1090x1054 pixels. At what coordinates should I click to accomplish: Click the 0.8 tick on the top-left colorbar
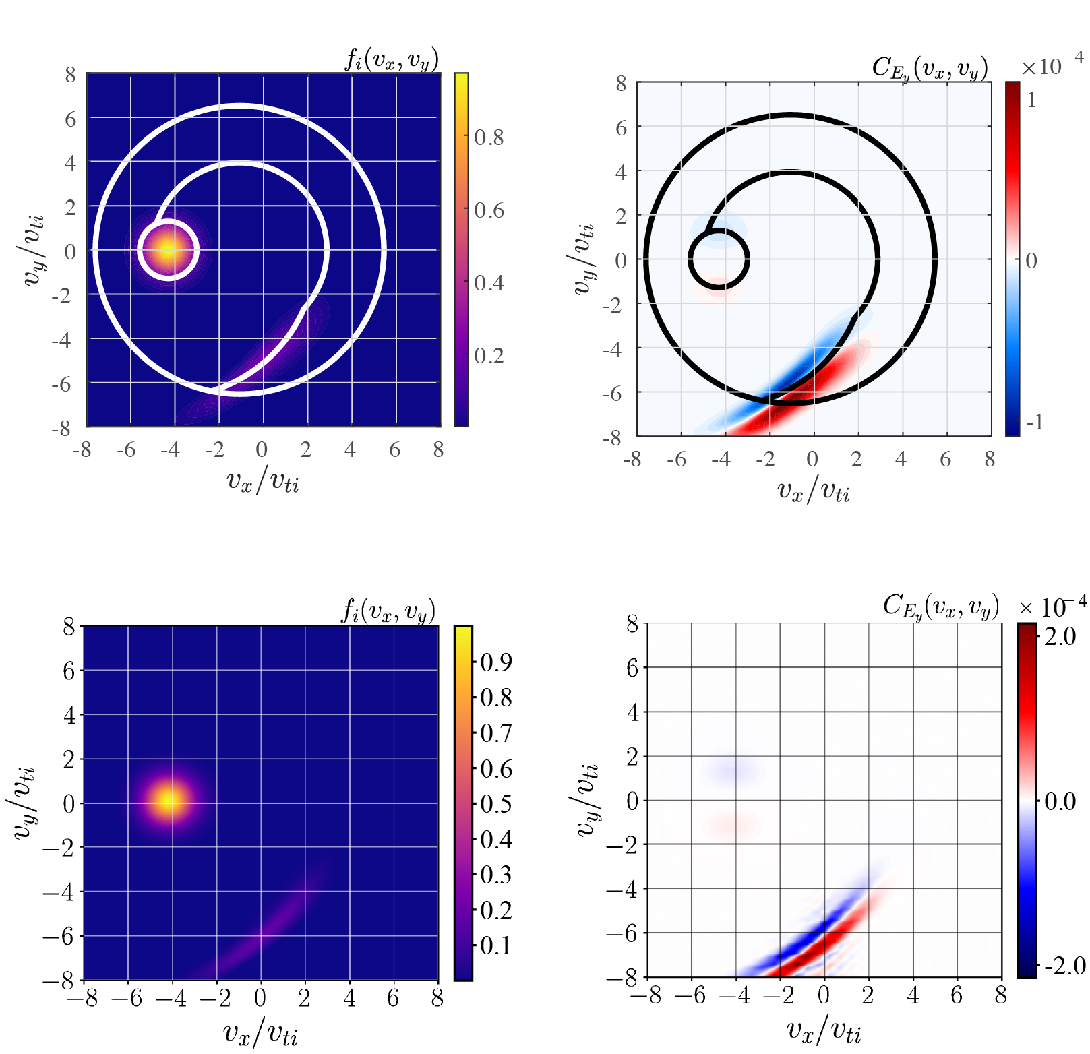pyautogui.click(x=489, y=137)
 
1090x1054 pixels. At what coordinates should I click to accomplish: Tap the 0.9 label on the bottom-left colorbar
pyautogui.click(x=496, y=662)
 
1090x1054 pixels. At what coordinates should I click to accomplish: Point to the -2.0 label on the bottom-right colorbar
pyautogui.click(x=1064, y=966)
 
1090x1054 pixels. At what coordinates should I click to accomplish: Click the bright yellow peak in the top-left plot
pyautogui.click(x=168, y=250)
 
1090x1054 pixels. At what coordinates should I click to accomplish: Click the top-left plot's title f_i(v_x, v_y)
pyautogui.click(x=392, y=59)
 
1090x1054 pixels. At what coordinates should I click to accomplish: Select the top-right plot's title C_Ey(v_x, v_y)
pyautogui.click(x=930, y=68)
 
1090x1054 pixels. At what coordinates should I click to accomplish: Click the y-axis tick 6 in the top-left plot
pyautogui.click(x=70, y=119)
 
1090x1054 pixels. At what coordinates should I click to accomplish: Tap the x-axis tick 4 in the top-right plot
pyautogui.click(x=901, y=460)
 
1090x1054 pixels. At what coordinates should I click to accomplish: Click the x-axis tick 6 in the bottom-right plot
pyautogui.click(x=956, y=996)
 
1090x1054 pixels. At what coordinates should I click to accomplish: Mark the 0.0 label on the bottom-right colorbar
pyautogui.click(x=1060, y=801)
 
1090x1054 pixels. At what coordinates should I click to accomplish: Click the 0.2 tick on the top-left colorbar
pyautogui.click(x=489, y=356)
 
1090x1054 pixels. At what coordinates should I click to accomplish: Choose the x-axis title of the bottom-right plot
pyautogui.click(x=824, y=1030)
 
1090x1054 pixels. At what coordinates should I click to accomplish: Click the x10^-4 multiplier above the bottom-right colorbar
pyautogui.click(x=1052, y=607)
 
